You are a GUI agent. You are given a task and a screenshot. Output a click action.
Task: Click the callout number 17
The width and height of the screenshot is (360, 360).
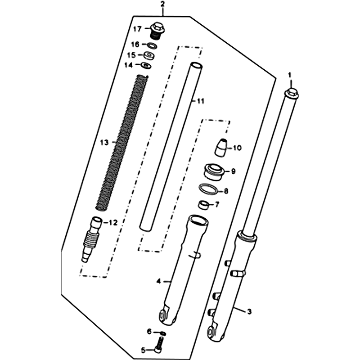pyautogui.click(x=138, y=29)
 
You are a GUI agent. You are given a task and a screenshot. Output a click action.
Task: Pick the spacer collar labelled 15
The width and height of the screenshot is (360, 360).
pyautogui.click(x=149, y=56)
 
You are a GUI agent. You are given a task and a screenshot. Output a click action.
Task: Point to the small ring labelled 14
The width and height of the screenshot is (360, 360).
pyautogui.click(x=146, y=65)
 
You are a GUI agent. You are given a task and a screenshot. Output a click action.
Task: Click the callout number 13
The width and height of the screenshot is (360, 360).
pyautogui.click(x=104, y=143)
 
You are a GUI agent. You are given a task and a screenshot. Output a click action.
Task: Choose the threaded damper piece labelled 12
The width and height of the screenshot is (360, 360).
pyautogui.click(x=92, y=239)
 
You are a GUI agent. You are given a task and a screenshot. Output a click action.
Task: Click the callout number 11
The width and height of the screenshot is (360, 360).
pyautogui.click(x=201, y=101)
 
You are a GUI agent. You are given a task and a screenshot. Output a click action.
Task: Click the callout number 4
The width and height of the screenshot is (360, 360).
pyautogui.click(x=159, y=281)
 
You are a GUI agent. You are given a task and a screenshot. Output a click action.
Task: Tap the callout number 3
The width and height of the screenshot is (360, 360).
pyautogui.click(x=249, y=311)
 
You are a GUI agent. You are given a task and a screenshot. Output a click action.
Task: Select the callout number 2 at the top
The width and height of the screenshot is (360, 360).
pyautogui.click(x=162, y=4)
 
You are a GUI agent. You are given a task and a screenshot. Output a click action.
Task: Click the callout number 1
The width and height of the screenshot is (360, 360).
pyautogui.click(x=289, y=75)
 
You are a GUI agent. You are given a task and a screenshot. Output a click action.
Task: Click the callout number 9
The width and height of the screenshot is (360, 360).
pyautogui.click(x=234, y=171)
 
